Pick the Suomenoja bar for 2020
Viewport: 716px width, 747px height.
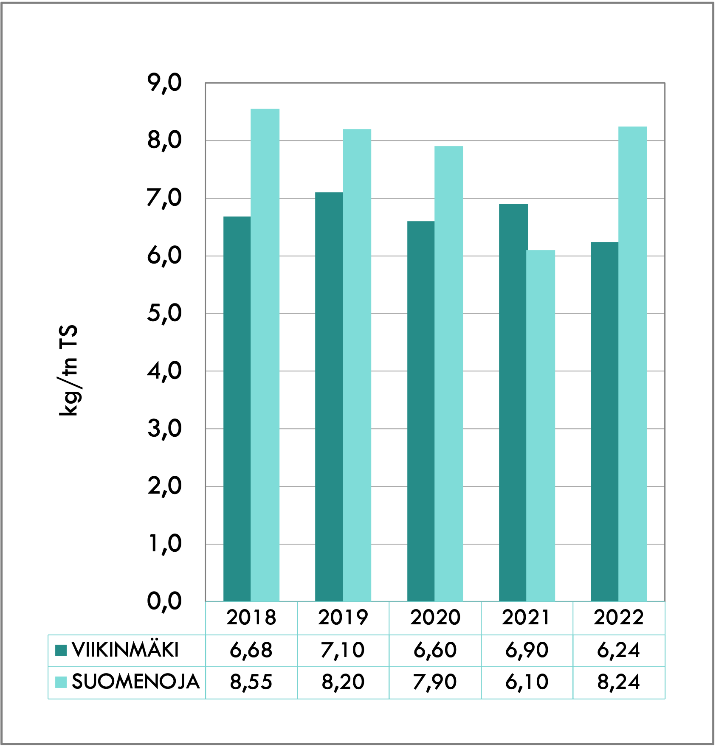pyautogui.click(x=448, y=373)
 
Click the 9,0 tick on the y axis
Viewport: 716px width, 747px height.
pyautogui.click(x=164, y=83)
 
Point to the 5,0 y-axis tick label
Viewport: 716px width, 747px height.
pyautogui.click(x=164, y=314)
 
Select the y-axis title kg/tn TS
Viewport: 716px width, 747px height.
pyautogui.click(x=69, y=370)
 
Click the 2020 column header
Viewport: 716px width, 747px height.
pyautogui.click(x=435, y=618)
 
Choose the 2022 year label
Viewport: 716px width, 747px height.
pyautogui.click(x=619, y=618)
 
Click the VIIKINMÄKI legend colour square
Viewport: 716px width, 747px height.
pyautogui.click(x=61, y=650)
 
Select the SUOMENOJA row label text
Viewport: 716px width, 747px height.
pyautogui.click(x=135, y=682)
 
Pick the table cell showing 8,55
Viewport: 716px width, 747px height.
pyautogui.click(x=251, y=682)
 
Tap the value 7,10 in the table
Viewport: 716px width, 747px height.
pyautogui.click(x=343, y=650)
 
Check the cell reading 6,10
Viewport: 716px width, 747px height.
pyautogui.click(x=527, y=682)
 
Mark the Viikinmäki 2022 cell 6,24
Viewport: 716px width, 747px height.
pyautogui.click(x=619, y=650)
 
